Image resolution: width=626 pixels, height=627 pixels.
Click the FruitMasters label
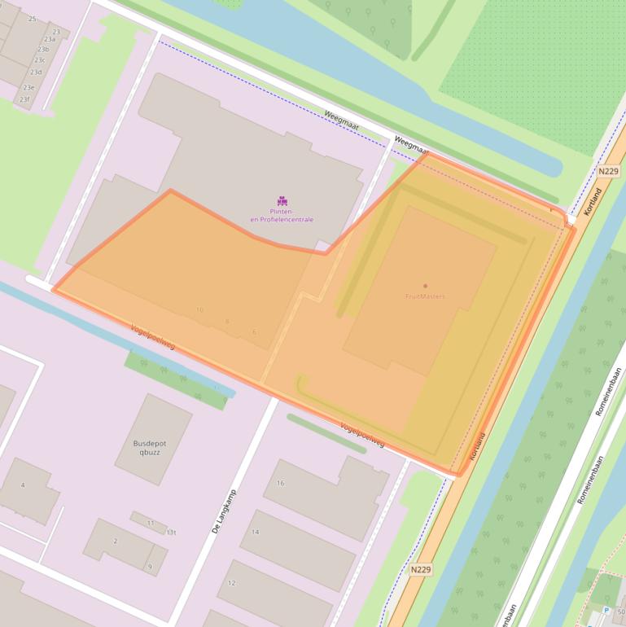[x=425, y=296]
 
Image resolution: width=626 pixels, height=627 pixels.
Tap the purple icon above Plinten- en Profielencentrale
[x=282, y=201]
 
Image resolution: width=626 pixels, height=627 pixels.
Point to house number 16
[x=280, y=483]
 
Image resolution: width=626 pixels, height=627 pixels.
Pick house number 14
[x=255, y=532]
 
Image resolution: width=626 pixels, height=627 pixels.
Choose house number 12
[x=231, y=583]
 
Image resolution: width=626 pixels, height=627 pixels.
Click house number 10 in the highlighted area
[x=199, y=310]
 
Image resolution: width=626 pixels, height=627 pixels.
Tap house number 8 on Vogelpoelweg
[x=227, y=322]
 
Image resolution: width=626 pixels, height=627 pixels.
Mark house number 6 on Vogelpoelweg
[x=254, y=332]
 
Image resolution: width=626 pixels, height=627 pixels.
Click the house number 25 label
[x=32, y=18]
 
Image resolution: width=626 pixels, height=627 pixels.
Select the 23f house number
[x=24, y=100]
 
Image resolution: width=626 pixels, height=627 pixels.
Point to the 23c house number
[x=39, y=60]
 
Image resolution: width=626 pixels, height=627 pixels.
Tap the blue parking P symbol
[x=605, y=611]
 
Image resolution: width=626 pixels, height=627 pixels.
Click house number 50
[x=620, y=611]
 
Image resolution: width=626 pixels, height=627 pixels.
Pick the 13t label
[x=171, y=532]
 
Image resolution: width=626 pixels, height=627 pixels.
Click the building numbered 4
[x=23, y=485]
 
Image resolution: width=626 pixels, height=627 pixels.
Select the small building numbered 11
[x=151, y=522]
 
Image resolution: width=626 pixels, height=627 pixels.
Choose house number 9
[x=149, y=567]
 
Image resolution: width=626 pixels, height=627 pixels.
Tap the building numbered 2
[x=115, y=541]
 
